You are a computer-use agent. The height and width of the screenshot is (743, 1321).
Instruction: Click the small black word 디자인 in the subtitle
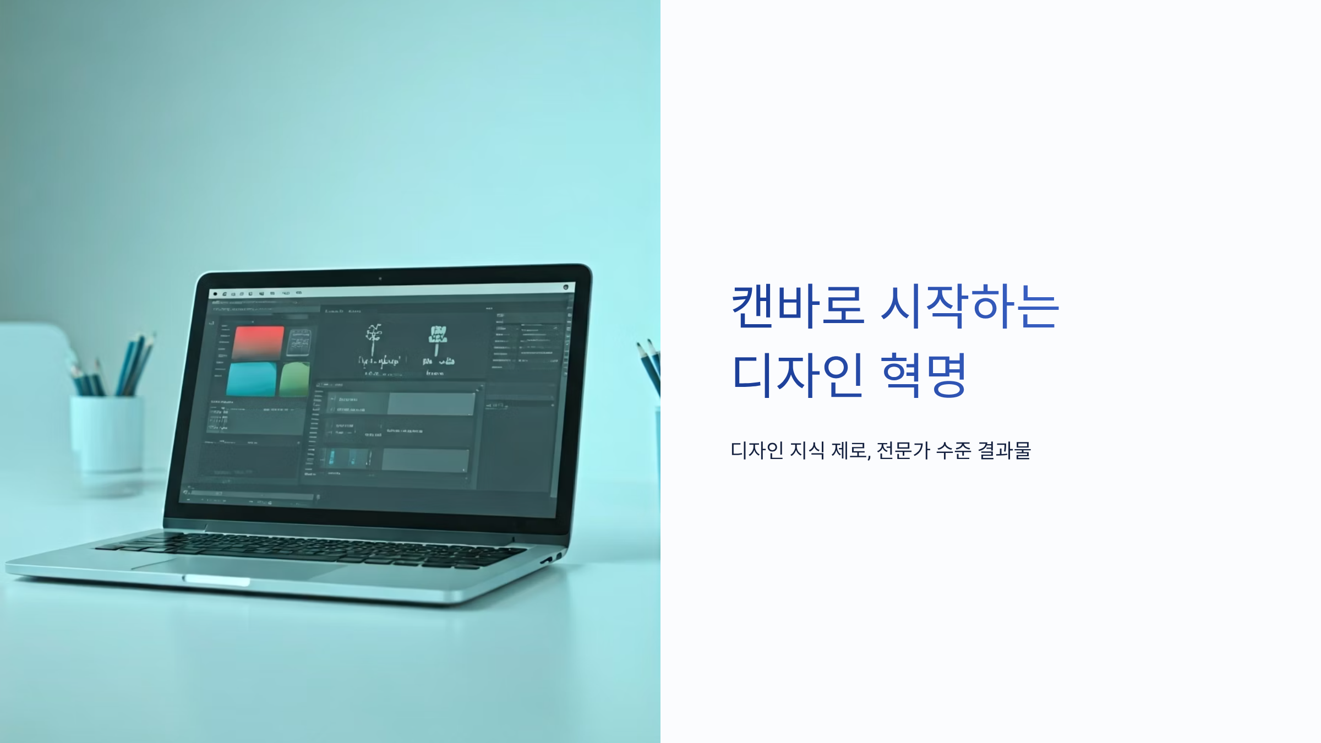click(757, 450)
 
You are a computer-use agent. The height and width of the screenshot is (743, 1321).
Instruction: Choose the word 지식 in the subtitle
click(807, 450)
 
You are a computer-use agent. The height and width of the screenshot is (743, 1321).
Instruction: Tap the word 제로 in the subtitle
click(849, 450)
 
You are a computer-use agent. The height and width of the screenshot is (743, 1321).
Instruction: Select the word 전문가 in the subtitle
click(903, 450)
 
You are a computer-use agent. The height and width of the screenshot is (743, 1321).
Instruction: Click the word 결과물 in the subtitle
click(1004, 450)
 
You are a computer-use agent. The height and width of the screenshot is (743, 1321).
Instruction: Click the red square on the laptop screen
click(258, 342)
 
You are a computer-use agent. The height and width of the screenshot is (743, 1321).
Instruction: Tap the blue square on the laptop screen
click(252, 379)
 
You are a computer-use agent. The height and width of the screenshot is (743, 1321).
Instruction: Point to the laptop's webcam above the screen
click(380, 278)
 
